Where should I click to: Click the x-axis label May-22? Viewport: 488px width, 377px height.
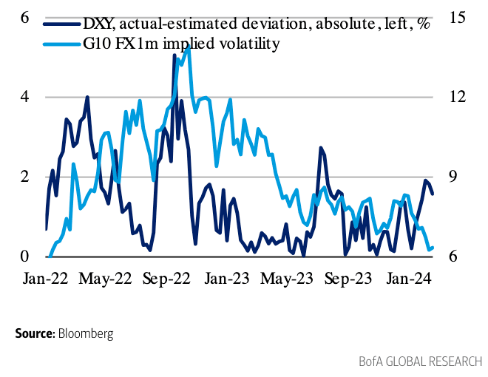click(106, 279)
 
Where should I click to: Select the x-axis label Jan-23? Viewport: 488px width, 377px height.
click(226, 279)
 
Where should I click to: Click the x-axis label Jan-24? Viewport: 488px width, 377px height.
click(409, 279)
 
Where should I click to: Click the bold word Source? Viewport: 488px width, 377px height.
click(34, 333)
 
